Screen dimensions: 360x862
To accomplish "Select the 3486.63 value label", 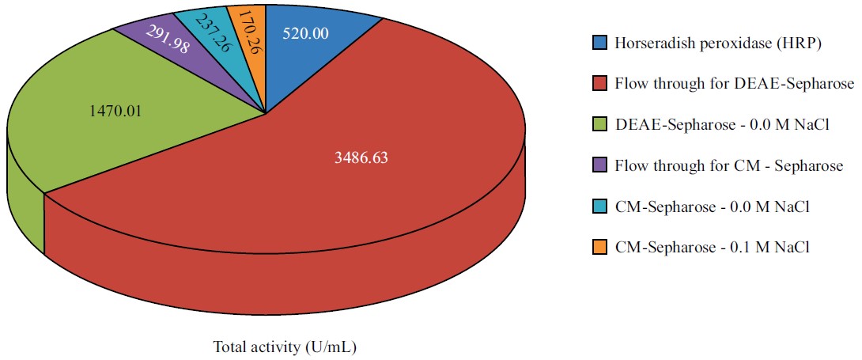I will click(x=361, y=157).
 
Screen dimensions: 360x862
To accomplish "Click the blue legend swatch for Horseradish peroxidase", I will click(x=599, y=42).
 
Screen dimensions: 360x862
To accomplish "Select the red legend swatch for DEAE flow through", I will click(x=599, y=83).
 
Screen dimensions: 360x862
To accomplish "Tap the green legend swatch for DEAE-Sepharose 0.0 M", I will click(x=599, y=124).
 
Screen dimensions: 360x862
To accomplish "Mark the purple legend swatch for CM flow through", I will click(x=599, y=165).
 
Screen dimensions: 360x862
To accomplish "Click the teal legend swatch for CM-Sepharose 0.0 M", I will click(x=599, y=207).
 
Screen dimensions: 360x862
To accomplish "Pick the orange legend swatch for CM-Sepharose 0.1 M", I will click(x=599, y=248).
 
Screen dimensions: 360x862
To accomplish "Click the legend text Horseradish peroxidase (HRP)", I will click(x=718, y=43).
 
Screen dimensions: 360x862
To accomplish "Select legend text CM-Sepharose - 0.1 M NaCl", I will click(x=713, y=248).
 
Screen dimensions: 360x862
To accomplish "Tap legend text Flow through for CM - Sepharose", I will click(x=728, y=165).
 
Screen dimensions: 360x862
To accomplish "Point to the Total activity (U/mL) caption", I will click(x=290, y=347).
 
